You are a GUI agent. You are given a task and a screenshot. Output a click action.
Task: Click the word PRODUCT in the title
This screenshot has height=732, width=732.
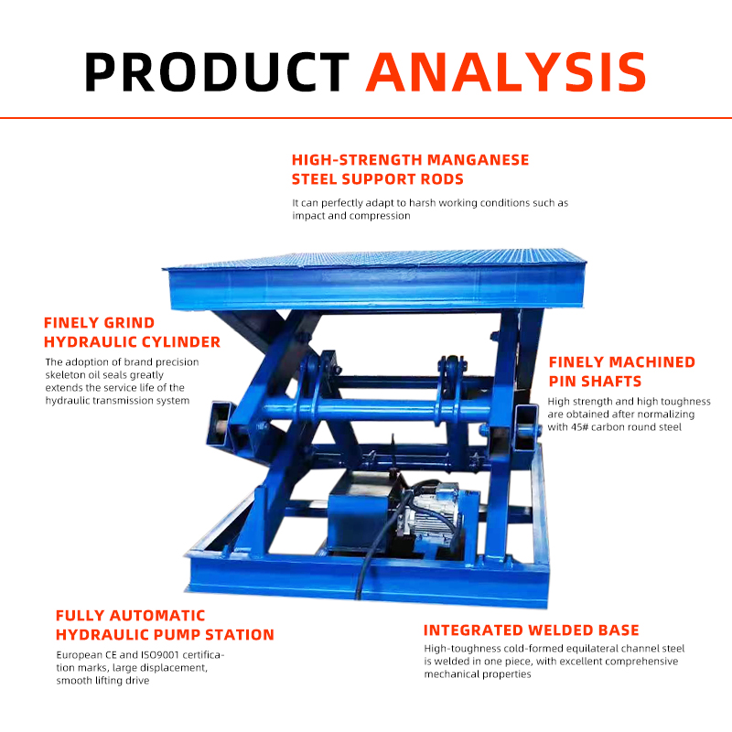tap(217, 70)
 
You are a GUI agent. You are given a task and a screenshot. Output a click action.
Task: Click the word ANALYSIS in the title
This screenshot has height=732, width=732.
tap(506, 70)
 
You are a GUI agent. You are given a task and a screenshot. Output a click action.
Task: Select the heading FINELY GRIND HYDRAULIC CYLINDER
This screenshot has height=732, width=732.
tap(132, 333)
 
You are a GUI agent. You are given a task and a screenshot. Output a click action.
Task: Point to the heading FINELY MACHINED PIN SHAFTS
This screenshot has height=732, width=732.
tap(621, 371)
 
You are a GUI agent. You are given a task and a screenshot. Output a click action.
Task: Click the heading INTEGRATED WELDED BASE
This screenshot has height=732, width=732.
tap(531, 630)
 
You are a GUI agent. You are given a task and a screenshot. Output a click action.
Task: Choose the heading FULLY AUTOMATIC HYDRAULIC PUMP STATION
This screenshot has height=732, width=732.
tap(165, 625)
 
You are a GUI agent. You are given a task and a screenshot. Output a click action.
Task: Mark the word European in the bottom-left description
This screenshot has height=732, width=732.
tap(81, 655)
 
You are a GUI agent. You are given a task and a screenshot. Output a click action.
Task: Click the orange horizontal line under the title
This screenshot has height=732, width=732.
tap(366, 118)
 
